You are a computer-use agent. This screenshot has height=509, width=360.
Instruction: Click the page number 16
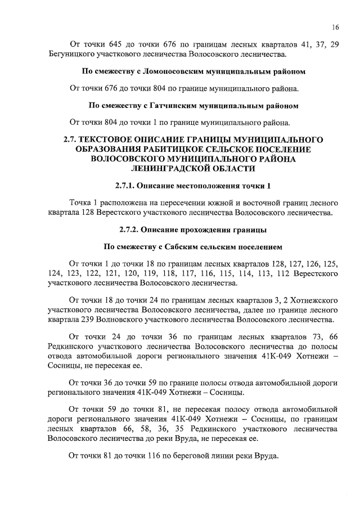335,26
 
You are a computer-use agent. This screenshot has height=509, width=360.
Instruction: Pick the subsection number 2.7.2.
132,230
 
